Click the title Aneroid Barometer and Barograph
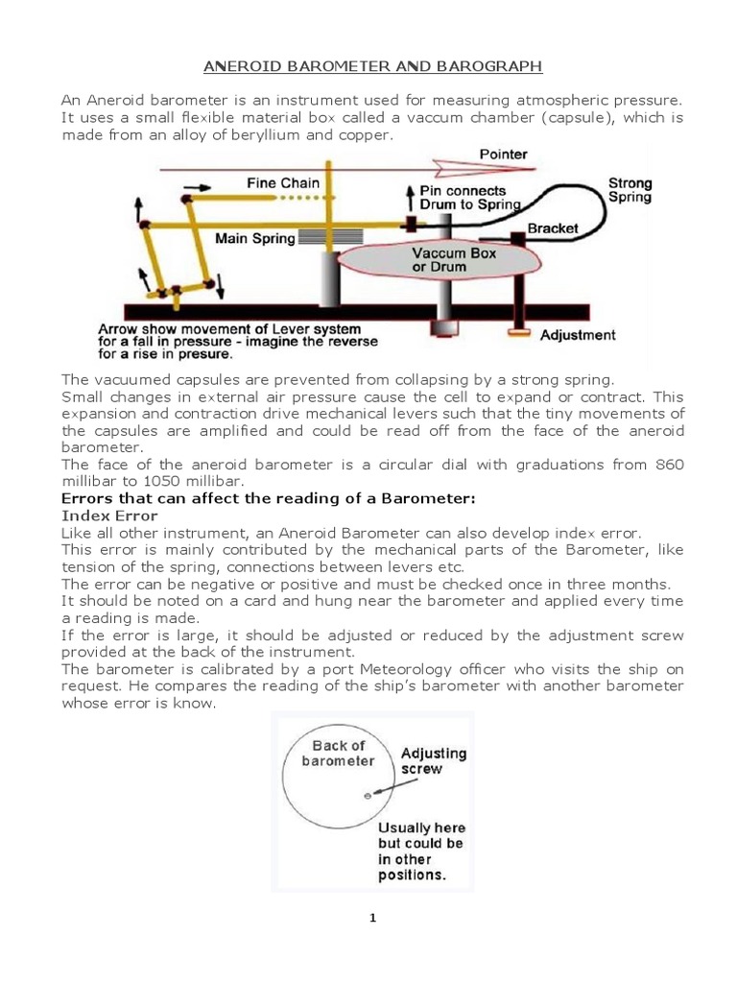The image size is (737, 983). point(373,66)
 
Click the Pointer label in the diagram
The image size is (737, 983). point(502,154)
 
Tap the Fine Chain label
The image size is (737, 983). point(283,182)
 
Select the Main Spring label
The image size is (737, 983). point(254,238)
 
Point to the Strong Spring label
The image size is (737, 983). point(630,190)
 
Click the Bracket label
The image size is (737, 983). point(554,228)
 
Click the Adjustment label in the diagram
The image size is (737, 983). point(578,335)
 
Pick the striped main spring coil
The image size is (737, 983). point(326,236)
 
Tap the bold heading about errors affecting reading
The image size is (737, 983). point(268,498)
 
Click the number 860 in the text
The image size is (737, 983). point(669,465)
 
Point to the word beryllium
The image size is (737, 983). point(245,135)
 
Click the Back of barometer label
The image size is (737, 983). point(339,753)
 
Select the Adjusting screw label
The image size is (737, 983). point(434,760)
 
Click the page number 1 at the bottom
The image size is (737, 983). point(373,918)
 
